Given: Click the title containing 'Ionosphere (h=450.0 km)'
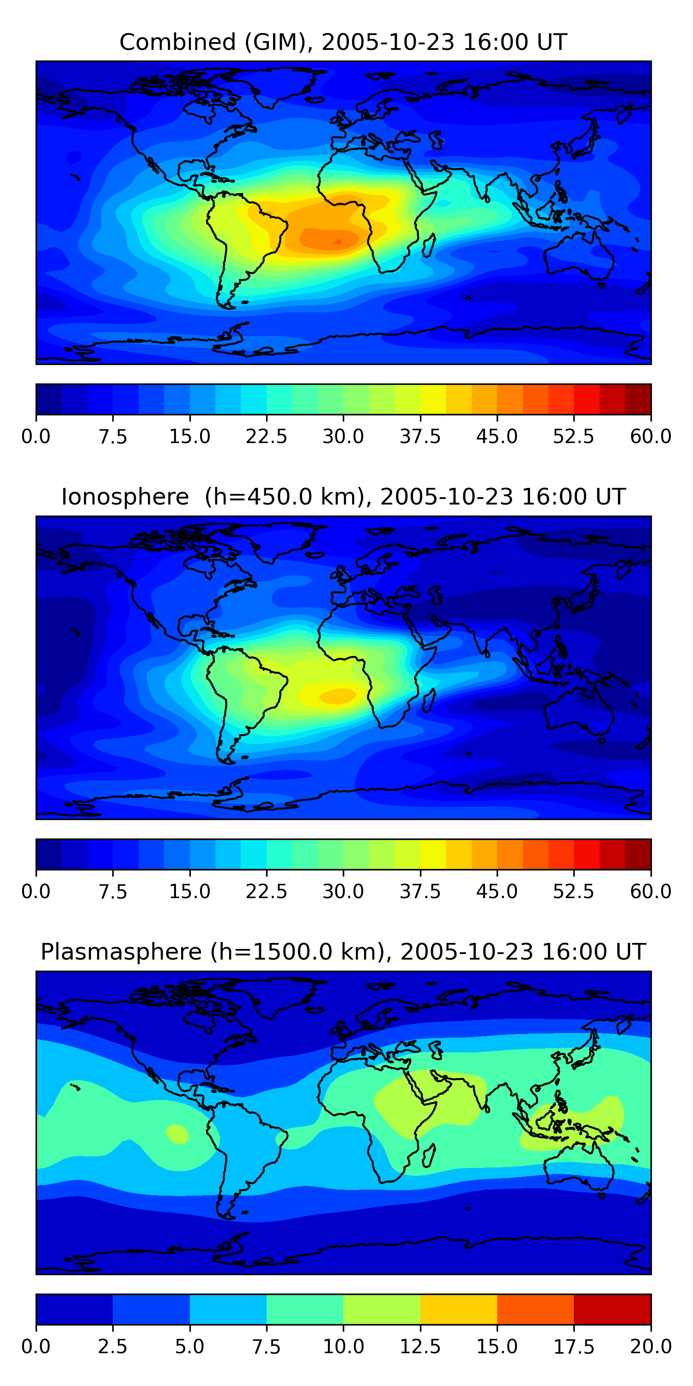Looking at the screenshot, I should (x=343, y=497).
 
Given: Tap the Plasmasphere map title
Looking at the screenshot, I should (x=343, y=952).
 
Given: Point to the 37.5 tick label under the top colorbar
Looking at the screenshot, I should (x=419, y=436).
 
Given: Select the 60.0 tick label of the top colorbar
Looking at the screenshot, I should (x=650, y=436).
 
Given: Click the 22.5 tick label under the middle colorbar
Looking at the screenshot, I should (x=266, y=892).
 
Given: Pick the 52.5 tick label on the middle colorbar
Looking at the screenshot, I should (x=573, y=892).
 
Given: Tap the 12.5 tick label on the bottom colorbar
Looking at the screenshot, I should (x=419, y=1347).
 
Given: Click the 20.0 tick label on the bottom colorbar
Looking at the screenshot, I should (x=650, y=1347).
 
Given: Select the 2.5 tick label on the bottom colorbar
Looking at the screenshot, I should (x=112, y=1347).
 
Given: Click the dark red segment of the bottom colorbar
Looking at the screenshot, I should (x=612, y=1309).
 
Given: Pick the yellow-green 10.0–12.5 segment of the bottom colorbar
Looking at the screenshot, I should (x=382, y=1309).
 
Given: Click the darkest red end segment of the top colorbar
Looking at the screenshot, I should (x=638, y=399).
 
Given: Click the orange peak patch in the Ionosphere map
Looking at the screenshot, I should (x=338, y=696).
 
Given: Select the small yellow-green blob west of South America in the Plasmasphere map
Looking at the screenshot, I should (x=177, y=1134).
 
